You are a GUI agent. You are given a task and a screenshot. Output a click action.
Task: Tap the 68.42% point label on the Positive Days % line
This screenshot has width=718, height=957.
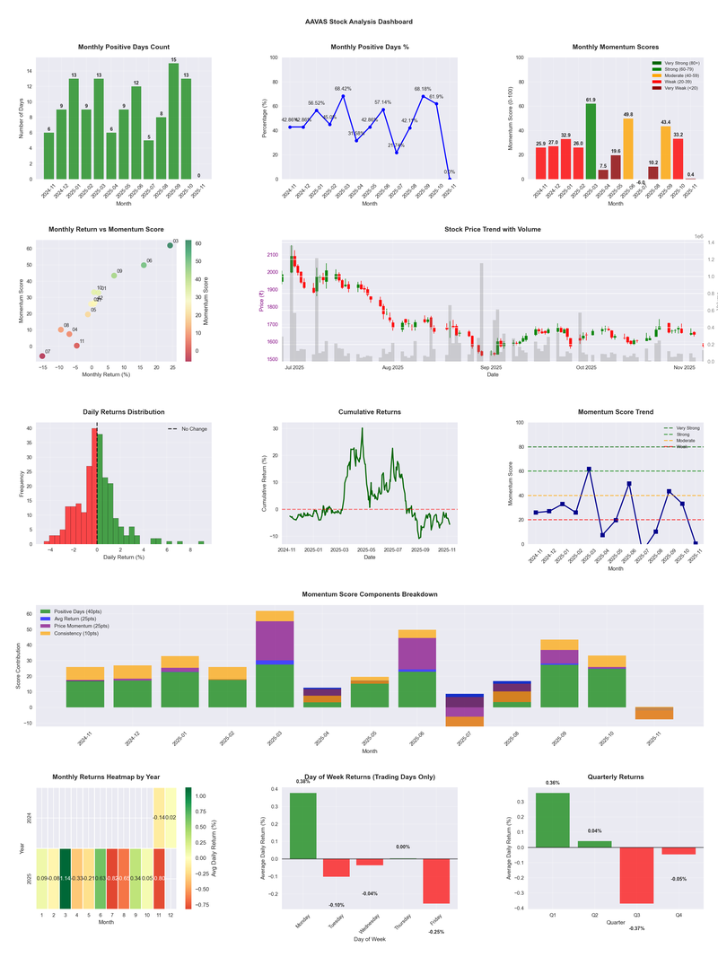pyautogui.click(x=343, y=89)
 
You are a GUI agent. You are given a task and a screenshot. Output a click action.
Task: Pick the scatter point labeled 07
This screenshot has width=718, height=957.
pyautogui.click(x=42, y=356)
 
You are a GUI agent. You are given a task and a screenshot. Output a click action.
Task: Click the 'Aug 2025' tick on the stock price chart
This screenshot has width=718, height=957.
pyautogui.click(x=392, y=367)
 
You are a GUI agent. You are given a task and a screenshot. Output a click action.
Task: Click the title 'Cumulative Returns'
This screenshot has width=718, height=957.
pyautogui.click(x=370, y=412)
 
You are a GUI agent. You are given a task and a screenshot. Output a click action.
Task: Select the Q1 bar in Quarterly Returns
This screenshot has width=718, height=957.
pyautogui.click(x=552, y=820)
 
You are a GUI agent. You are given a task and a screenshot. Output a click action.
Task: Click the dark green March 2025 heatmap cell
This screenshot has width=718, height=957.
pyautogui.click(x=66, y=879)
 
